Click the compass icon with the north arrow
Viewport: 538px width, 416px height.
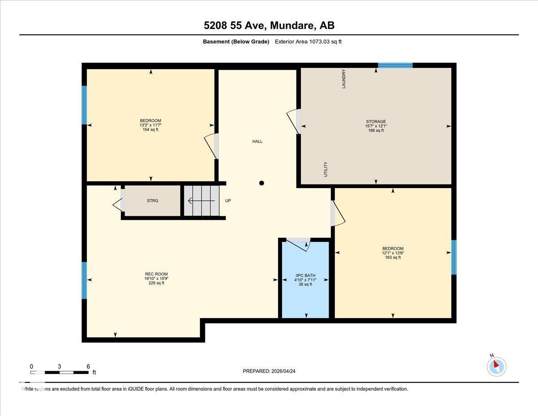496,367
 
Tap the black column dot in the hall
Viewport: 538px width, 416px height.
262,183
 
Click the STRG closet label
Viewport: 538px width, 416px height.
152,201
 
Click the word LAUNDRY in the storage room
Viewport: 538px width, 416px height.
344,79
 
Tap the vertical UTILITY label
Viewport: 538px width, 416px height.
326,169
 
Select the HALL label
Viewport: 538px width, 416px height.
257,141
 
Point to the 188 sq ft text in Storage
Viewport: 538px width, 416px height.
376,131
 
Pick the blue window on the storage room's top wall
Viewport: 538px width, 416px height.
395,66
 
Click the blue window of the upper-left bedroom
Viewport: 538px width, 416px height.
84,105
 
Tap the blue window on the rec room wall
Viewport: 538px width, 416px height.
84,280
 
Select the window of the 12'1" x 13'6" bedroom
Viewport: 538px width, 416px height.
454,257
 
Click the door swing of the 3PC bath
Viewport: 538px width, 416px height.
298,244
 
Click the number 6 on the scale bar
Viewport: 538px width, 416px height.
88,366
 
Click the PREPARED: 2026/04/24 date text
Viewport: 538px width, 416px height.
269,371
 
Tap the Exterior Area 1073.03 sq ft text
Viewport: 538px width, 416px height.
308,42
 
